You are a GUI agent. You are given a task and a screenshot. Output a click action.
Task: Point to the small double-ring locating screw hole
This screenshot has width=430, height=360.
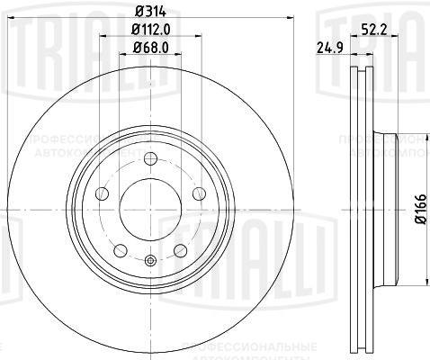[x=149, y=262]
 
